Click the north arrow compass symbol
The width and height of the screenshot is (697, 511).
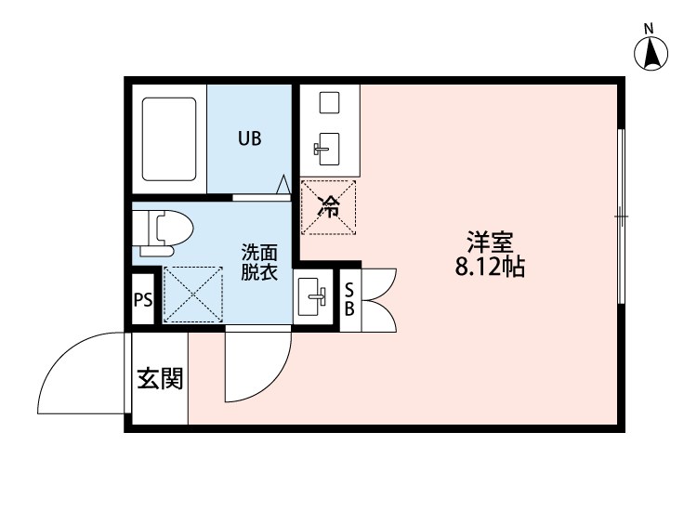(x=652, y=52)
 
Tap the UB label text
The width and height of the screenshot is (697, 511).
(x=249, y=139)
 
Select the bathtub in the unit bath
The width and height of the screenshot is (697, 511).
(x=168, y=139)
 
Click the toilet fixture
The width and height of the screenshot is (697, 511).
(x=162, y=231)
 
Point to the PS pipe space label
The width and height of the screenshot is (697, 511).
(x=143, y=299)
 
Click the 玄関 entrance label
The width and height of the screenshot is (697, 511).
(x=160, y=379)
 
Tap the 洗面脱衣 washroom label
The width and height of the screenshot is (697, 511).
(x=259, y=263)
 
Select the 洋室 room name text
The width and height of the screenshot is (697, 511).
(x=490, y=244)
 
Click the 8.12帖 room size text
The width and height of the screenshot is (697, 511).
(x=490, y=269)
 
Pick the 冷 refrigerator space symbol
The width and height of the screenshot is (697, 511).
(x=328, y=206)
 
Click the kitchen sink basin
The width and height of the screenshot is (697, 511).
(x=328, y=145)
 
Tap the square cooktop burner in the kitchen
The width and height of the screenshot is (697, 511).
(x=328, y=102)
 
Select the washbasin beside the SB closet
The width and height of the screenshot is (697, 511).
(x=312, y=297)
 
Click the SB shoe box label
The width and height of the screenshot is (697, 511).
(x=349, y=299)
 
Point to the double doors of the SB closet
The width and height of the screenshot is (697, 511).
(x=380, y=299)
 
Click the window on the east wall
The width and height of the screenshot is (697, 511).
(x=621, y=216)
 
